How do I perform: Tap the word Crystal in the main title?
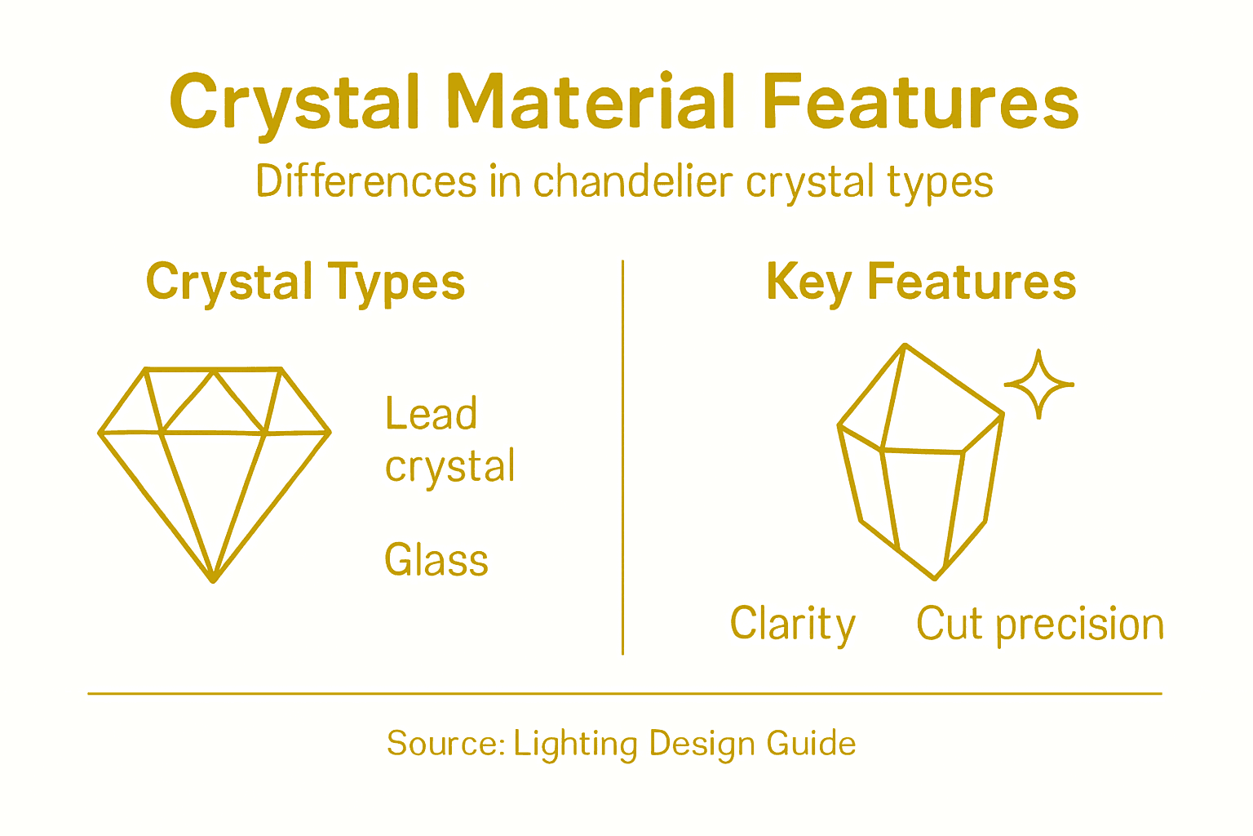[x=294, y=103]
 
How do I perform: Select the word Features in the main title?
[x=919, y=103]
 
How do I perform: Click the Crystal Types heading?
[x=305, y=282]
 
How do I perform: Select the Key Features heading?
[x=921, y=282]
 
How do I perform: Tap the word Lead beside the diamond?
[x=431, y=414]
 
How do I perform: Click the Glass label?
[x=436, y=560]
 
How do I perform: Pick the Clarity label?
[x=792, y=625]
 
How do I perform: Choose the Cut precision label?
[x=1039, y=625]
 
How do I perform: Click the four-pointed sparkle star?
[x=1038, y=384]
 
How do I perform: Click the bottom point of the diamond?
[x=213, y=580]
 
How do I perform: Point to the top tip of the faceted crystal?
[x=905, y=346]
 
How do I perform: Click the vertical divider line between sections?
[x=622, y=457]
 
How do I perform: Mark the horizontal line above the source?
[x=624, y=694]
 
